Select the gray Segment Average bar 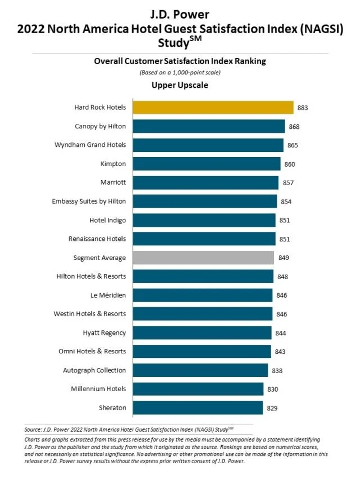(203, 258)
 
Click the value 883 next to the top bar (303, 107)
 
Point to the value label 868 (294, 127)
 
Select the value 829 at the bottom (272, 408)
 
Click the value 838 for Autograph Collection (277, 370)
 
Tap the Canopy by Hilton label (100, 126)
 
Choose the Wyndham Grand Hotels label (90, 145)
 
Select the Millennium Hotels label (98, 389)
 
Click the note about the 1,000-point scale (179, 73)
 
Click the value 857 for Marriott (288, 183)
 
